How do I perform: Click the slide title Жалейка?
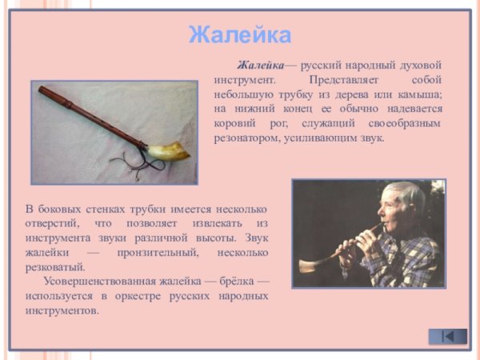click(240, 35)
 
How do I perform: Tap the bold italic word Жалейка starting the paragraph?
click(261, 66)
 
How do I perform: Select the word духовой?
click(422, 66)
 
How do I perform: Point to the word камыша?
click(416, 95)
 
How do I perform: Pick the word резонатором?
click(247, 138)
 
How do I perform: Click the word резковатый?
click(54, 266)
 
